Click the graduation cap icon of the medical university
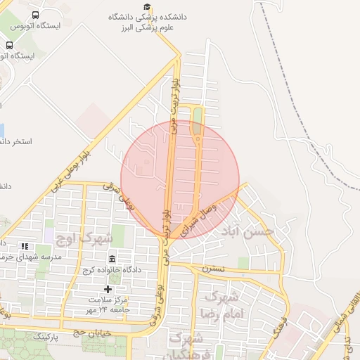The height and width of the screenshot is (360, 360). tap(147, 6)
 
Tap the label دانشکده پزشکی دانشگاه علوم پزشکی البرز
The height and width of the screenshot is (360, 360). tap(147, 23)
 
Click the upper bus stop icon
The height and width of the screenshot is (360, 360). tap(36, 14)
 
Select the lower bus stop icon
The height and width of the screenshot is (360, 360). tap(9, 44)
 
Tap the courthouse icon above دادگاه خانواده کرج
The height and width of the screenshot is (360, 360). tap(112, 259)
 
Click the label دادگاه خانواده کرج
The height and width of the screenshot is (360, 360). tap(112, 271)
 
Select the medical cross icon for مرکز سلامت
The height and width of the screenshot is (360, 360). tap(108, 289)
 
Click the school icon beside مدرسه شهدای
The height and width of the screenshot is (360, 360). tap(25, 246)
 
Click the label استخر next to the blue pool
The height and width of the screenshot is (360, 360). tap(17, 141)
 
